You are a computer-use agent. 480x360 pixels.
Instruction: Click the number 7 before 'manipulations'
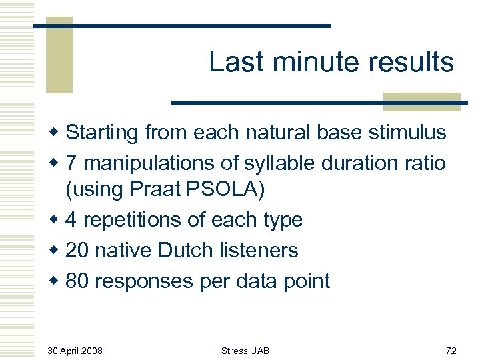pyautogui.click(x=73, y=163)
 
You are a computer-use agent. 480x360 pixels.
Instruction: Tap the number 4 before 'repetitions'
pyautogui.click(x=73, y=220)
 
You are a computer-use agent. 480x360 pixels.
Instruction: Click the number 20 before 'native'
pyautogui.click(x=78, y=250)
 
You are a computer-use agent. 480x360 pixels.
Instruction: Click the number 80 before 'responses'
pyautogui.click(x=78, y=281)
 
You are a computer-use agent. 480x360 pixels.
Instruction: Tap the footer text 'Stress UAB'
pyautogui.click(x=245, y=351)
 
